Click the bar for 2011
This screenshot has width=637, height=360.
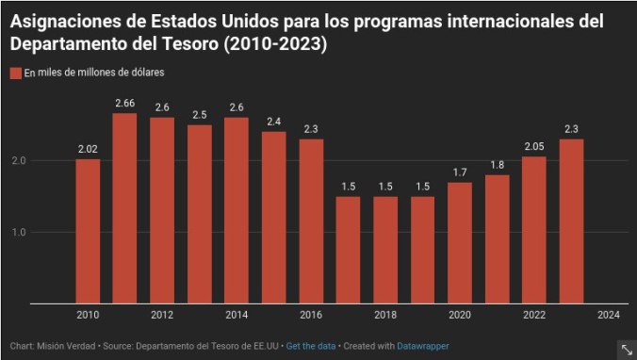pos(124,208)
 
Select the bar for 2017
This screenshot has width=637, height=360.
pos(349,250)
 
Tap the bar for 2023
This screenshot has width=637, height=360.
pos(571,221)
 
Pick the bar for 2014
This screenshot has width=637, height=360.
pos(237,210)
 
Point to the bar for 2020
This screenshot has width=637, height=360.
pos(460,242)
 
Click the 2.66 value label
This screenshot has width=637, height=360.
pos(124,103)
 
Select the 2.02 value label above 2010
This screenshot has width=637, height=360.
pos(88,148)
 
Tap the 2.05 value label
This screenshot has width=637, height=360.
pos(534,146)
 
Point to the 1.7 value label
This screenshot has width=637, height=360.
pos(460,172)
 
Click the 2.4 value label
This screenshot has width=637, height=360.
pos(273,122)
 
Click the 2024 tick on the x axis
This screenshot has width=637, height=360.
pos(609,315)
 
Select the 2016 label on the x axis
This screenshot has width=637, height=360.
pos(311,315)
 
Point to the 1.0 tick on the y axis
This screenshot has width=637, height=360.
pos(18,232)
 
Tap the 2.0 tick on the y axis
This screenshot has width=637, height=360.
pos(18,161)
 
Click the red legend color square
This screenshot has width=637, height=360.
pos(15,73)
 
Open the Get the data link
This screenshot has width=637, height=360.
pos(310,346)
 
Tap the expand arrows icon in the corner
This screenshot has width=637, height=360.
pos(626,349)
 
